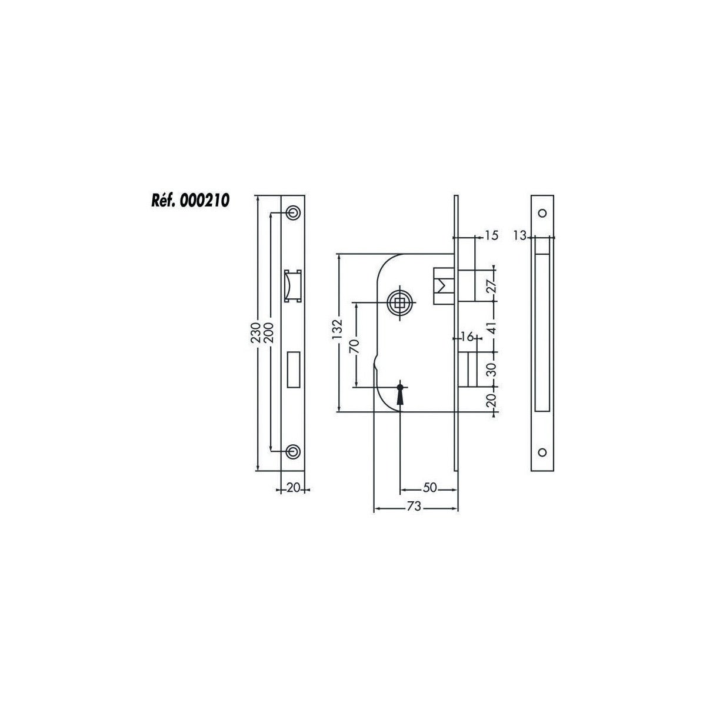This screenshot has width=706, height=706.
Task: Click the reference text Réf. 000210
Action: click(x=191, y=201)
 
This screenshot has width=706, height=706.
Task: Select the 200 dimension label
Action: click(x=268, y=332)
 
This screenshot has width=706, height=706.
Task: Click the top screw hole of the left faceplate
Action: click(x=293, y=213)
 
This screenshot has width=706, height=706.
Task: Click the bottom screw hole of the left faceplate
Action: click(x=293, y=451)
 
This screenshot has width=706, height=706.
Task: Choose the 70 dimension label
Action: click(x=355, y=346)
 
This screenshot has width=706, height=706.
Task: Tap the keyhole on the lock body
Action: click(x=400, y=395)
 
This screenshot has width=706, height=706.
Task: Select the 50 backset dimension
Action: click(x=430, y=488)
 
